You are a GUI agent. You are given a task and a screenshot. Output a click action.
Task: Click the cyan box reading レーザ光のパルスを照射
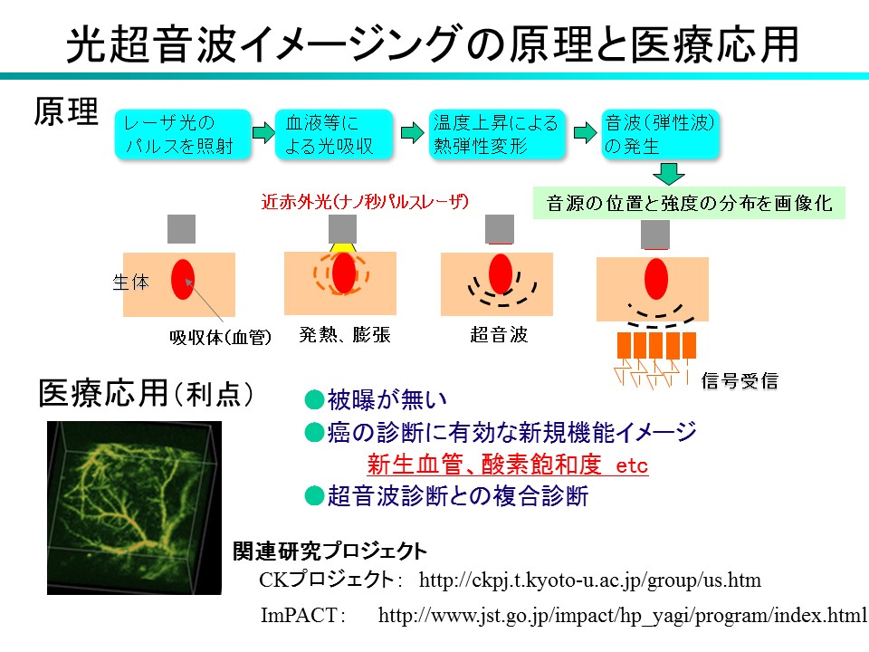click(x=183, y=134)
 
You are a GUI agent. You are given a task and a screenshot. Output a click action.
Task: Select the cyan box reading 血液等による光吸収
click(x=334, y=134)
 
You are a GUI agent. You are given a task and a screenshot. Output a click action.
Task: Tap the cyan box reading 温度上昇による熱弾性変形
click(x=497, y=134)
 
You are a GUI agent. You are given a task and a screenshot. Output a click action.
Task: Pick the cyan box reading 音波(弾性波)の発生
click(x=660, y=134)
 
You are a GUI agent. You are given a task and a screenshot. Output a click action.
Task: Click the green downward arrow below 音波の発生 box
click(x=668, y=174)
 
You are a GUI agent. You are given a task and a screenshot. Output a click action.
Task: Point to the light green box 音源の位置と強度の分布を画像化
click(x=689, y=203)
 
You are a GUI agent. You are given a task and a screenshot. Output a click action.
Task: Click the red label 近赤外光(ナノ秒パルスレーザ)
click(x=365, y=201)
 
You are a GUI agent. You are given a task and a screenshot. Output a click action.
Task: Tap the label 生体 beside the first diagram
click(x=130, y=282)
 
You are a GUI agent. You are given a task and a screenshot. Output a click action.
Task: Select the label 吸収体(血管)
click(x=221, y=337)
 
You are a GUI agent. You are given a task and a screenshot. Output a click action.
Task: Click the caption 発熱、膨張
click(x=345, y=334)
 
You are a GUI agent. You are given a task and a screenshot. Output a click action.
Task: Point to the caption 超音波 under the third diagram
click(x=499, y=334)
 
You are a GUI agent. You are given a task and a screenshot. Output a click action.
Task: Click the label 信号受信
click(x=740, y=380)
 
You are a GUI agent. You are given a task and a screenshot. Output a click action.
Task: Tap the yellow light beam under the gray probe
click(x=342, y=247)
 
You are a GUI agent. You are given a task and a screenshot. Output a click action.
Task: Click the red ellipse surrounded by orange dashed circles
click(x=344, y=273)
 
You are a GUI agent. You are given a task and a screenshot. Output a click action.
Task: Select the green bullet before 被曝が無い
click(x=314, y=399)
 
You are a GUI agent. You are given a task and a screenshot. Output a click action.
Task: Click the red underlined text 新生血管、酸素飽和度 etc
click(x=507, y=464)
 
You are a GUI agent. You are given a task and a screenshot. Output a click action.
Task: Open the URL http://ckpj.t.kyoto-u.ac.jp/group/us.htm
click(x=589, y=580)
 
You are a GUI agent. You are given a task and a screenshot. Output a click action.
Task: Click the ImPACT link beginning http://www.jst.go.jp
click(x=623, y=615)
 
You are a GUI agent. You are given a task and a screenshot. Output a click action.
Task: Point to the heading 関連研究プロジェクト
click(x=329, y=551)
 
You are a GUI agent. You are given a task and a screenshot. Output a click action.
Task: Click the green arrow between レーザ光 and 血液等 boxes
click(x=263, y=132)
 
